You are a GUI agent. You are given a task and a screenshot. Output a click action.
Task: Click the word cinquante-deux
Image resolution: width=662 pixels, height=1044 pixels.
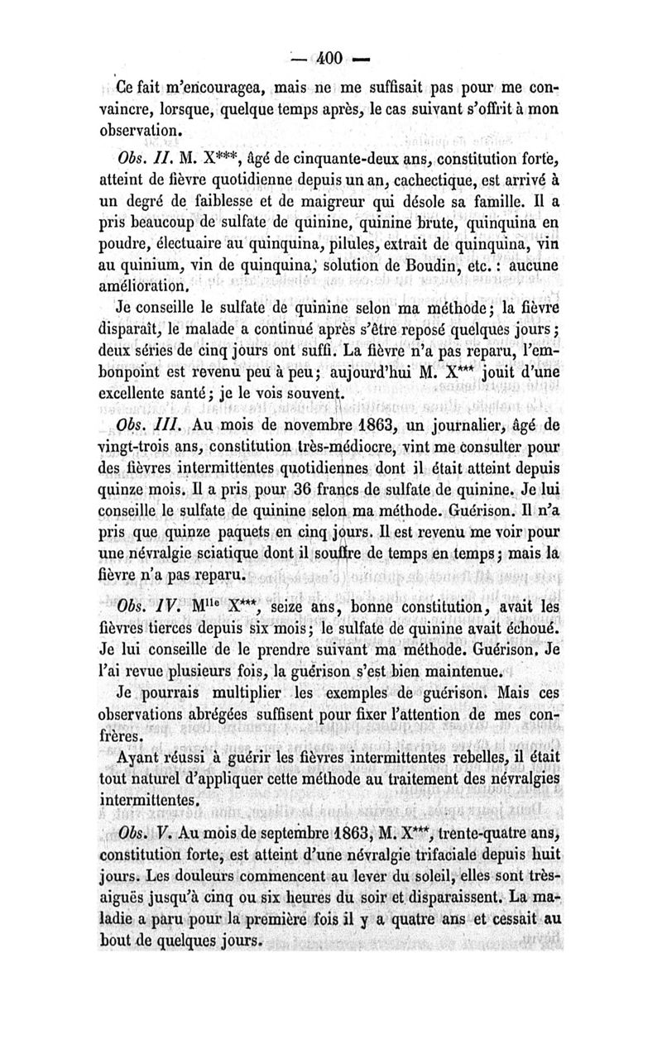tap(317, 159)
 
